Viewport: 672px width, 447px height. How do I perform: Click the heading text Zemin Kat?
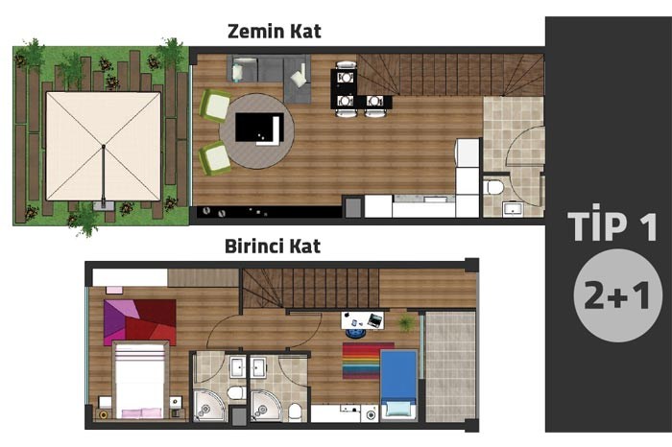(x=275, y=32)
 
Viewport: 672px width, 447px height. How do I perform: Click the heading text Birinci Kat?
(x=273, y=247)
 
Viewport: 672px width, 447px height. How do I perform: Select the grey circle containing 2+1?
(x=617, y=295)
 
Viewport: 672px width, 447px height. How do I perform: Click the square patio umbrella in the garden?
(x=104, y=147)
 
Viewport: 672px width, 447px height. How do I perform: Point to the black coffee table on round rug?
(x=260, y=128)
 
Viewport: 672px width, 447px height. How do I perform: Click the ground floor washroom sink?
(x=513, y=209)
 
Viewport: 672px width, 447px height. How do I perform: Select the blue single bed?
(x=398, y=384)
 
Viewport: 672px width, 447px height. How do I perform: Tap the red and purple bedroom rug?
(x=140, y=322)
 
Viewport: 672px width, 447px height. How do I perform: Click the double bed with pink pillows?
(x=140, y=380)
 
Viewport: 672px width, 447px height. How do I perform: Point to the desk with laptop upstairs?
(x=363, y=320)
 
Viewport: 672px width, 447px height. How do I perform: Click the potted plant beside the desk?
(x=406, y=322)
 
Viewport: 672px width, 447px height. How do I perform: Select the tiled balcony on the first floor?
(x=450, y=366)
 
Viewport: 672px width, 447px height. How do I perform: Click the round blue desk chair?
(x=355, y=333)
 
